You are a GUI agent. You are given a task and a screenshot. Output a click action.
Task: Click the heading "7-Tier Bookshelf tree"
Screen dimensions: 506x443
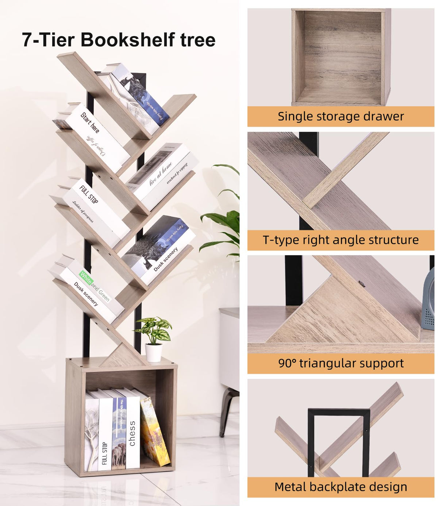coord(119,40)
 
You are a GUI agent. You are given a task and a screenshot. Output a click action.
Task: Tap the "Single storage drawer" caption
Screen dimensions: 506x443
coord(340,116)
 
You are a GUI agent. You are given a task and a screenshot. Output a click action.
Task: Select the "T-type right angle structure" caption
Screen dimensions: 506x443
coord(340,240)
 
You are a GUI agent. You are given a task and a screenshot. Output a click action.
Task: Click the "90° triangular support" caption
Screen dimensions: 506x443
coord(340,363)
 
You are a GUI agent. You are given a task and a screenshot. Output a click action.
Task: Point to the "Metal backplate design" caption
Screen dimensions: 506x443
coord(340,487)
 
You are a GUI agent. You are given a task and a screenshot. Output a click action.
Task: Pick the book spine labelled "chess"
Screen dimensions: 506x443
coord(132,430)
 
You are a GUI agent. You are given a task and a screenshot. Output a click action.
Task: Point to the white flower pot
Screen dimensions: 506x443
coord(154,352)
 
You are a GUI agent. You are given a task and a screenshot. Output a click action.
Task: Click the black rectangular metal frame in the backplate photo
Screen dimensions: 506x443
coord(339,414)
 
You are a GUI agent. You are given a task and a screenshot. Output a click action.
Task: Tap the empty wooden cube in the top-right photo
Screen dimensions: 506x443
coord(341,58)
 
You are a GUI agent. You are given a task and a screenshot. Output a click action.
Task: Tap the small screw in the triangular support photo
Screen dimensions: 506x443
coord(362,283)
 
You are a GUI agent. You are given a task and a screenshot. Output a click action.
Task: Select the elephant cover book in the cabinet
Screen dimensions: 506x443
coord(118,434)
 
